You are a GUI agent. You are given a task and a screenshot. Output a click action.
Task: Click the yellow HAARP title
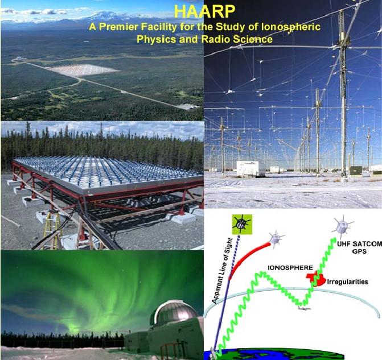(x=204, y=11)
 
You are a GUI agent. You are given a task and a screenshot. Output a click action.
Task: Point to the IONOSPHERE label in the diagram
(x=290, y=268)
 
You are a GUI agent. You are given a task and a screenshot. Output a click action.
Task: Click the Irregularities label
(x=347, y=282)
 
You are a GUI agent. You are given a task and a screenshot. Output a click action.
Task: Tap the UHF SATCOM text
(x=360, y=243)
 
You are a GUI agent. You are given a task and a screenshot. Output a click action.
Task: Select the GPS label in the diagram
(x=359, y=251)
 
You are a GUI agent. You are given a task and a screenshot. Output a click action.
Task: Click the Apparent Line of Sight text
(x=222, y=271)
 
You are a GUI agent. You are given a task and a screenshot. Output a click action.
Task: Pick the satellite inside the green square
(x=242, y=224)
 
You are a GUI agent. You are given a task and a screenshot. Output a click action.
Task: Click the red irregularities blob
(x=316, y=279)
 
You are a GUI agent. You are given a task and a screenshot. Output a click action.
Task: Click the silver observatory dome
(x=174, y=313)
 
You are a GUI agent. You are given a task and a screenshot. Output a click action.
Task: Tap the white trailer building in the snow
(x=250, y=168)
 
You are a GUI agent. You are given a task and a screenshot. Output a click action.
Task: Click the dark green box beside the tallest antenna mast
(x=356, y=171)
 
